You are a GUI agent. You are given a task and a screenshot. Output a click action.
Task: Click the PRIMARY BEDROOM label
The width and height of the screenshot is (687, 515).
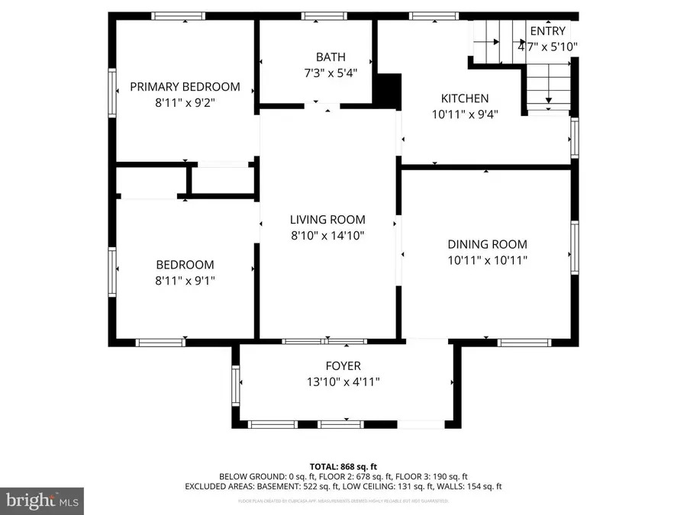185,87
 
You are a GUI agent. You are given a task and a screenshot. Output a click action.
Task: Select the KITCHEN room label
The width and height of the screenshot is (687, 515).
465,98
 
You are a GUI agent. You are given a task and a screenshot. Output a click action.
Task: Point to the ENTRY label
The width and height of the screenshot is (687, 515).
547,31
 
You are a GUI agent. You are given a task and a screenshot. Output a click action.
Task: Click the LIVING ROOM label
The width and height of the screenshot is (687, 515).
327,220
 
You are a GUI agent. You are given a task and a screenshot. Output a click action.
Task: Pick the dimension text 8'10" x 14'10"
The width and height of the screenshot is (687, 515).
327,236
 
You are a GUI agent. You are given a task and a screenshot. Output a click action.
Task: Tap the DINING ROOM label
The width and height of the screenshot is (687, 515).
487,244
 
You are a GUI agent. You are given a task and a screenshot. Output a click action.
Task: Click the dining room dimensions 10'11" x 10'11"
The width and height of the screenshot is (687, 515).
487,260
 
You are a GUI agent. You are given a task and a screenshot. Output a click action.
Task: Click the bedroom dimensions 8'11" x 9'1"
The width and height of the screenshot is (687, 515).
185,280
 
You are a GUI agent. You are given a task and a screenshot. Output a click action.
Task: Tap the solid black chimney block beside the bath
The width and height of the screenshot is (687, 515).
389,91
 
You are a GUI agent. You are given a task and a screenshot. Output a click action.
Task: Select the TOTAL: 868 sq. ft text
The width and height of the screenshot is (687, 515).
343,466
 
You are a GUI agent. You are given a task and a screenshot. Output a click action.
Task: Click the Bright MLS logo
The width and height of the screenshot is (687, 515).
41,501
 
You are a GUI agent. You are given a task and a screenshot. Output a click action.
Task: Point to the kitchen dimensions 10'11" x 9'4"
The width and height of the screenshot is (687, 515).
465,114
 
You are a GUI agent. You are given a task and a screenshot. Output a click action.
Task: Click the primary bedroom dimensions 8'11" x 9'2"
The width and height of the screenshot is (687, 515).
185,102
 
